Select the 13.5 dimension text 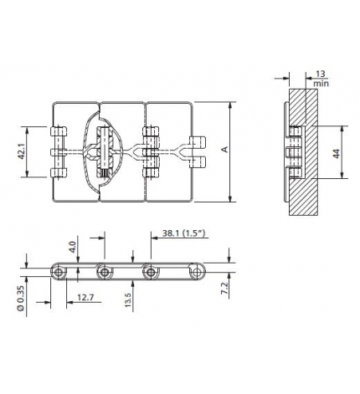[x=127, y=299]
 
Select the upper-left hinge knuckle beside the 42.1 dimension [x=57, y=133]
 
